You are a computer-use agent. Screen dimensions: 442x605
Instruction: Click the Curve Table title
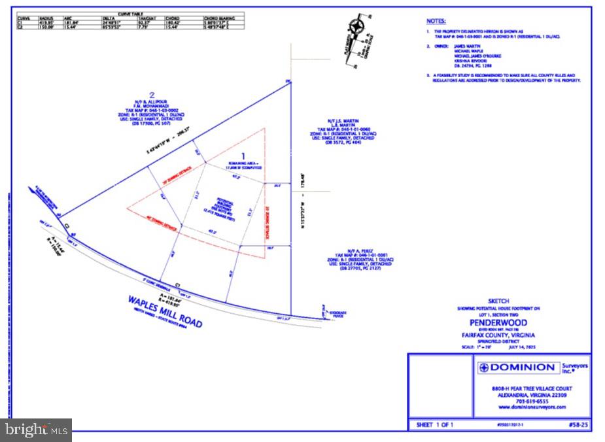[x=131, y=12]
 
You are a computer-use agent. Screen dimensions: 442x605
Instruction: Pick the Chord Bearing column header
[x=222, y=17]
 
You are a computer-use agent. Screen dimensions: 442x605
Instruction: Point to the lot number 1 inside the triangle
[x=244, y=156]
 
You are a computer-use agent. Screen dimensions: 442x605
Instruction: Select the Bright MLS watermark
[x=37, y=430]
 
